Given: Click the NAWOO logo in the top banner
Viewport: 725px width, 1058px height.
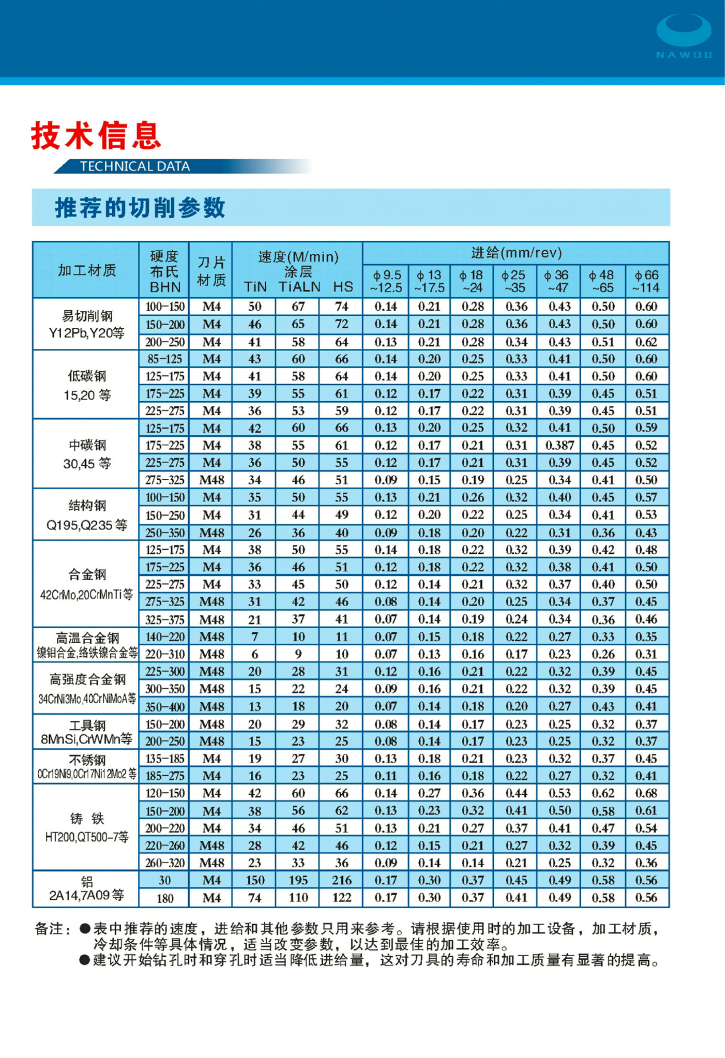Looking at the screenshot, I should (x=684, y=36).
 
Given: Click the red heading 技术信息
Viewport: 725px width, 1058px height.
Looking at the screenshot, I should (x=96, y=136).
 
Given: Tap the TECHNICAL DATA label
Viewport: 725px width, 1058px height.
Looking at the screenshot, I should (x=135, y=166).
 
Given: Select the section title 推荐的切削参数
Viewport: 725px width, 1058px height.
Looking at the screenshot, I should (x=140, y=208).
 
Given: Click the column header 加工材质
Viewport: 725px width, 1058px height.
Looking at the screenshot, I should (x=87, y=270).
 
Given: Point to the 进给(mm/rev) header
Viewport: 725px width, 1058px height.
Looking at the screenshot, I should (x=516, y=253).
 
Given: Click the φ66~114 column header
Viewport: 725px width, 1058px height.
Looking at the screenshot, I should (x=646, y=281).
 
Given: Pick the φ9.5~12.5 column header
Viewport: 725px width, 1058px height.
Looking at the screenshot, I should (x=386, y=281).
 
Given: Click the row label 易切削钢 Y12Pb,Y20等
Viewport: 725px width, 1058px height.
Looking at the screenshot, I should (x=87, y=324).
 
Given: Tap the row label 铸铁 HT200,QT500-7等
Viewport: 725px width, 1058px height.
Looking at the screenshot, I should (x=87, y=828).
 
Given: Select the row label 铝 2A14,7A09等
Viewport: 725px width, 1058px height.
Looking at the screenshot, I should (x=87, y=888).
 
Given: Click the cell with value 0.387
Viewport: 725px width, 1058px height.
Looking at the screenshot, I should (x=560, y=445).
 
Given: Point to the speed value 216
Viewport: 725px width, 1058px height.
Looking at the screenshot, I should (x=342, y=880).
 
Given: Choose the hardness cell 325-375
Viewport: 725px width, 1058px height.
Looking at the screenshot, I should (x=165, y=619).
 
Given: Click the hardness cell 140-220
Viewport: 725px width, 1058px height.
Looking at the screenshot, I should (x=165, y=637).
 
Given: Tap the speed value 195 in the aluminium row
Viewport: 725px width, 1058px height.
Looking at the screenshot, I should (x=298, y=880).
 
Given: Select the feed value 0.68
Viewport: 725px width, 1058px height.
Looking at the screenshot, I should (x=646, y=793).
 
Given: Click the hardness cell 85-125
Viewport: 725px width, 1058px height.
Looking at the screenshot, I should (x=165, y=359).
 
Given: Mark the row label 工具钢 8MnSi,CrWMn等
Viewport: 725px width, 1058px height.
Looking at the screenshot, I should (x=87, y=732).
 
